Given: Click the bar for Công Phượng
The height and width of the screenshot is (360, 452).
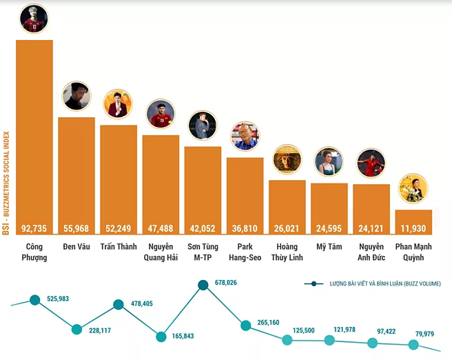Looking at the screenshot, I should tap(34, 131).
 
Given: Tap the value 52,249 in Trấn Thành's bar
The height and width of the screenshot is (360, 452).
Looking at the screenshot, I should tap(119, 228).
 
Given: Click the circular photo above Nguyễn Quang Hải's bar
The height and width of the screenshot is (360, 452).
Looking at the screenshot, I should tap(161, 114).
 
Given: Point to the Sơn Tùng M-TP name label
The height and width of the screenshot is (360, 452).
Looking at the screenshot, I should tap(203, 252).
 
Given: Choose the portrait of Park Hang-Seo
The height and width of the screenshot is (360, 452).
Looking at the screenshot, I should tap(245, 137).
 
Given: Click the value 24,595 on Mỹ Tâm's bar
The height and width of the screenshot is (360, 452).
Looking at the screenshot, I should tap(329, 228).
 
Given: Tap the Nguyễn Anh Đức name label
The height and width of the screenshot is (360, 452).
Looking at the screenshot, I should tap(371, 252).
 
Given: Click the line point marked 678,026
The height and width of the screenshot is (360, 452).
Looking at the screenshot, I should tap(203, 285).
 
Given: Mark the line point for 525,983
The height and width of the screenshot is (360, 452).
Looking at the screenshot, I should tap(34, 300).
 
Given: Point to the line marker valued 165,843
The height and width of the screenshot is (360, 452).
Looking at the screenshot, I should tap(161, 337).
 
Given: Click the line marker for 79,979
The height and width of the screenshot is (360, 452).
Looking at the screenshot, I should tap(414, 346).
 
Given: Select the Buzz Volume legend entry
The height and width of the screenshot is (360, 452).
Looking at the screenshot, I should tap(376, 283).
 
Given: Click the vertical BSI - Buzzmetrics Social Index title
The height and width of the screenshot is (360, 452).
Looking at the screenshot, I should tap(6, 183).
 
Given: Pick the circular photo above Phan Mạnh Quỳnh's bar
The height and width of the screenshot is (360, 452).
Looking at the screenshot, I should tap(413, 188).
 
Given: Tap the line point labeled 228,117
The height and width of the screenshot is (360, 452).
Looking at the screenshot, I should tap(76, 330).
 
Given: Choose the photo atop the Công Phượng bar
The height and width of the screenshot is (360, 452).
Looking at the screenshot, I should tap(34, 19).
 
